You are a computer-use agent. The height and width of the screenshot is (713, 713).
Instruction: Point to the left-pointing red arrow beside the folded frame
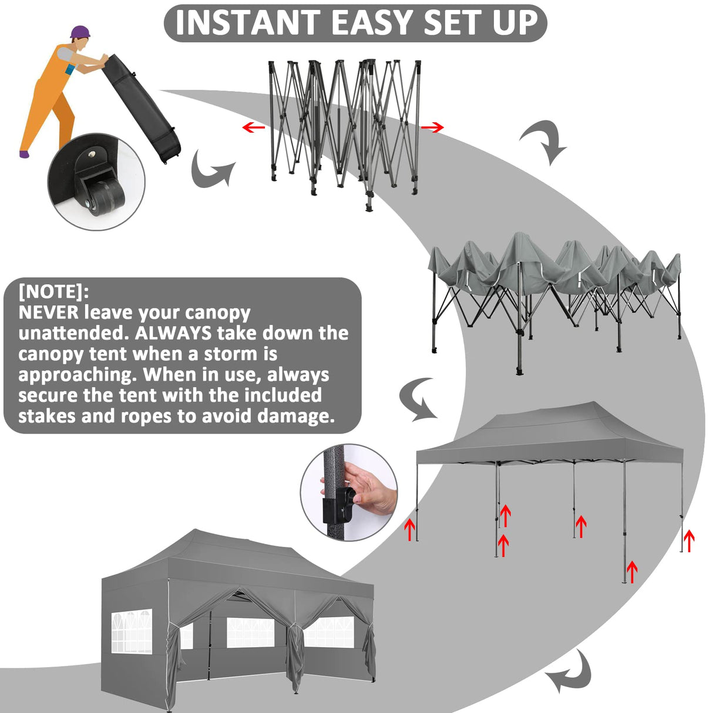(x=253, y=127)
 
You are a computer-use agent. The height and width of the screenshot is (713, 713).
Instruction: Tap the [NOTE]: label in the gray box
(x=53, y=291)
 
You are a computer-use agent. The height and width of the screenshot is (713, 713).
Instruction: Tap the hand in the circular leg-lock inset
(x=368, y=489)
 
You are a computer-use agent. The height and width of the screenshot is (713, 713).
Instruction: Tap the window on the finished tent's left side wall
(x=132, y=631)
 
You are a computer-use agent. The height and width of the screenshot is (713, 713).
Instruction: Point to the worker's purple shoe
(x=24, y=154)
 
